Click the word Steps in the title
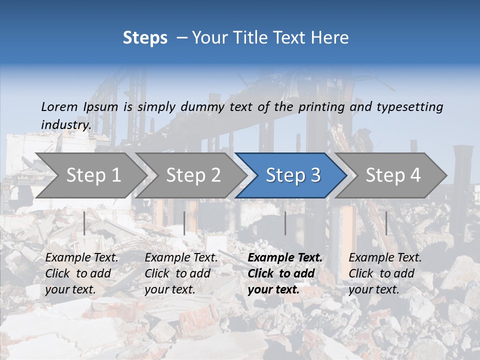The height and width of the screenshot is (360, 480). (145, 38)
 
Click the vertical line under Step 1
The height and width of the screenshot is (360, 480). (84, 223)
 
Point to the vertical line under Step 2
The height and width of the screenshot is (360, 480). (184, 223)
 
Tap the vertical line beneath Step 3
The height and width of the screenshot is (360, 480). (285, 223)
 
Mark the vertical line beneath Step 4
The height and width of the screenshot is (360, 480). (386, 223)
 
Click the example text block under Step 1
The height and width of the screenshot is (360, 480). (81, 273)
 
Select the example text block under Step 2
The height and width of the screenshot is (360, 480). (181, 273)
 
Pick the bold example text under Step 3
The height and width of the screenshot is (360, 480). (285, 273)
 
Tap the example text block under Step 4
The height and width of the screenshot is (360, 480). (385, 273)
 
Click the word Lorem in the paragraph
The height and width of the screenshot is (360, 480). (59, 106)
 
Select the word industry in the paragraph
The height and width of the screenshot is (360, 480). (65, 124)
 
